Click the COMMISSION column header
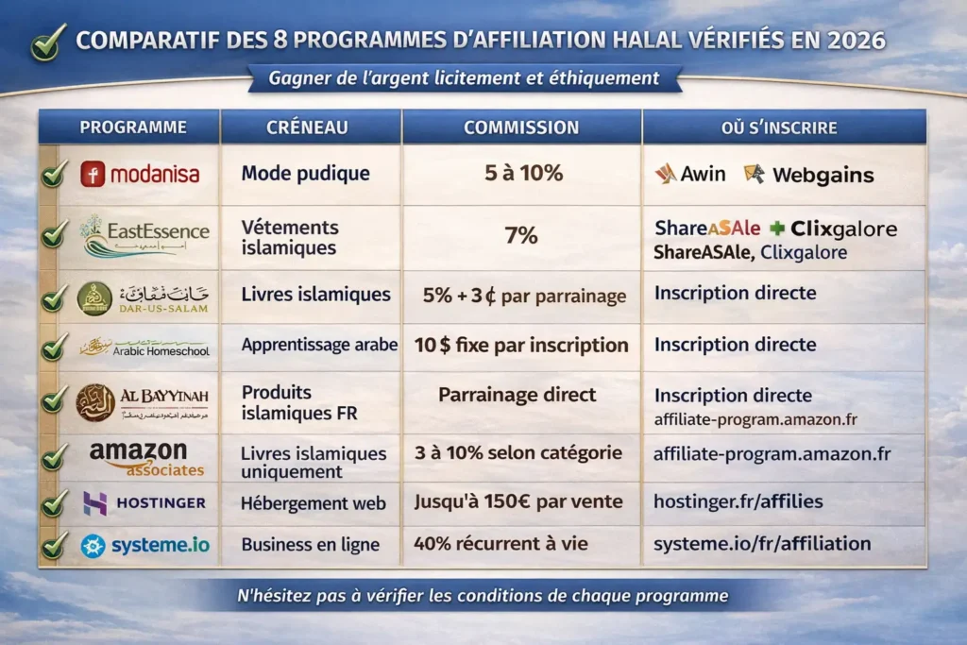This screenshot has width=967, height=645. tap(522, 127)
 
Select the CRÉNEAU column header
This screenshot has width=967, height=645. tap(308, 127)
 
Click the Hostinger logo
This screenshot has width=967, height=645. tap(144, 502)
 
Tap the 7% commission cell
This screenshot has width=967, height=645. tap(520, 235)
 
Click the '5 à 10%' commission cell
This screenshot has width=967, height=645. tap(520, 173)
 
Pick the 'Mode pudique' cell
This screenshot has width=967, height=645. tap(305, 173)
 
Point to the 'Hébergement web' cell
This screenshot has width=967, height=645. tap(314, 503)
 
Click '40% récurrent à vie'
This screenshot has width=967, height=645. tap(500, 543)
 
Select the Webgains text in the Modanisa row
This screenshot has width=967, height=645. tap(822, 175)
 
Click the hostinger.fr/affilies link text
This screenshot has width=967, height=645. tap(738, 501)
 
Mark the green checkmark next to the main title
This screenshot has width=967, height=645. tap(48, 42)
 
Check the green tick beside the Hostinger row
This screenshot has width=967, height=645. tap(54, 503)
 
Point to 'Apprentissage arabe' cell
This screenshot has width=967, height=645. tap(319, 345)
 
